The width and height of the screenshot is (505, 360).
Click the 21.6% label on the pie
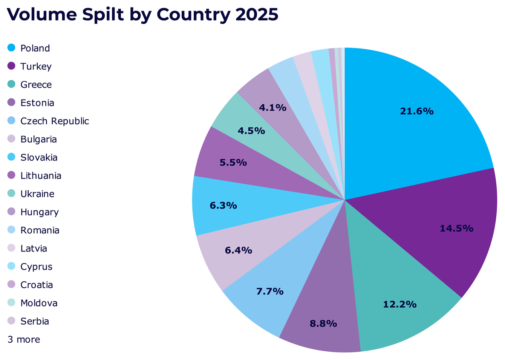(x=416, y=111)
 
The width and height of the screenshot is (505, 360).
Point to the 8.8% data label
(x=323, y=323)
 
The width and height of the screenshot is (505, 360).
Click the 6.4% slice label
(x=238, y=250)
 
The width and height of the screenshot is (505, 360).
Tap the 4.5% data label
(x=251, y=131)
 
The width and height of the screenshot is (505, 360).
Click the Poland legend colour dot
(x=11, y=48)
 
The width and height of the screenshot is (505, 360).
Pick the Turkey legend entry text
(x=36, y=67)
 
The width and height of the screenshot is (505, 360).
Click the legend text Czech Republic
(x=55, y=121)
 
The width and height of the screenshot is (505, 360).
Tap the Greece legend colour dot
(x=11, y=84)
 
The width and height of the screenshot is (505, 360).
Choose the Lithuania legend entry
(x=41, y=176)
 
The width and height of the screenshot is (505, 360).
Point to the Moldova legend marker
(x=11, y=303)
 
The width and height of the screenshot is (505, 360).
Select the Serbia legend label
(x=35, y=322)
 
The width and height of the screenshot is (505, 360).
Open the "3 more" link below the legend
(x=24, y=340)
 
